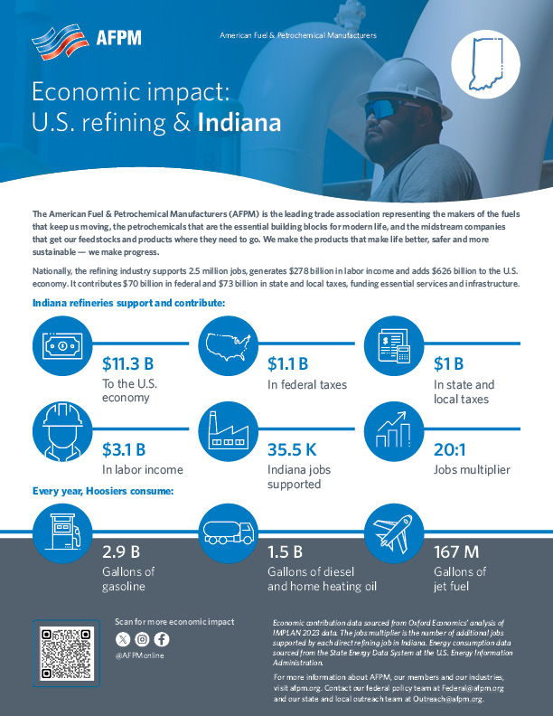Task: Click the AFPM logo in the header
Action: click(x=86, y=38)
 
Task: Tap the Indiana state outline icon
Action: click(x=486, y=66)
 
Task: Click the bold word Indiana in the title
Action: click(x=239, y=122)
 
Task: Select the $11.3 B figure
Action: click(x=132, y=364)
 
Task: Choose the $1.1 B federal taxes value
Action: click(x=288, y=364)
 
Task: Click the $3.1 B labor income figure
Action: click(x=124, y=448)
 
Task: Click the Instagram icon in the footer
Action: click(x=142, y=639)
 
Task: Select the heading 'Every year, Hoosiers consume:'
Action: click(x=103, y=492)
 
